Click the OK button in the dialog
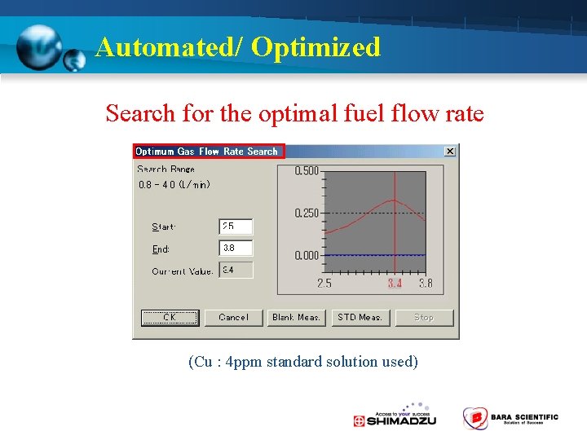[x=170, y=318]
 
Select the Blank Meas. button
[x=296, y=318]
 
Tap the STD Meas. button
[x=360, y=318]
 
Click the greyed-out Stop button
[x=424, y=318]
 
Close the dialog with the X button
[x=450, y=152]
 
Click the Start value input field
[x=236, y=227]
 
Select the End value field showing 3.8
[x=236, y=248]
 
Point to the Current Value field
[x=236, y=270]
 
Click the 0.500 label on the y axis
[x=307, y=171]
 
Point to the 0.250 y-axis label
[x=307, y=213]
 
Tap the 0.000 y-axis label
[x=307, y=256]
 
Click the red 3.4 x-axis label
[x=395, y=284]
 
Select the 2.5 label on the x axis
[x=324, y=284]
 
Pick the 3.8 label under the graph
[x=426, y=284]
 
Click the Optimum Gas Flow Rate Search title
[x=207, y=152]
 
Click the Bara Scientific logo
[x=511, y=418]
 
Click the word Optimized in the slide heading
[x=316, y=47]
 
